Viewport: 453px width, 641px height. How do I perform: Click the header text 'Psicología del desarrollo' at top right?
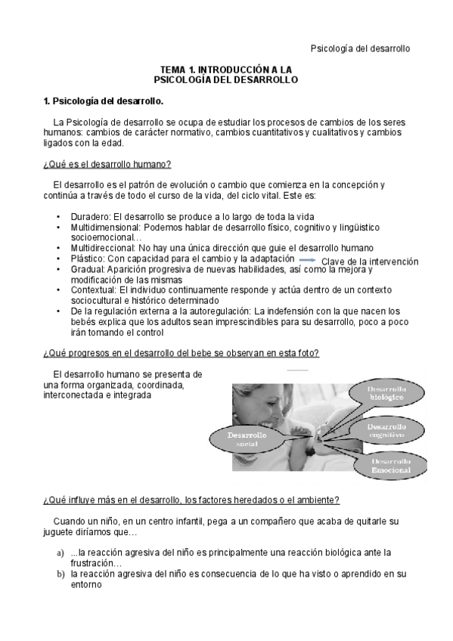pyautogui.click(x=360, y=48)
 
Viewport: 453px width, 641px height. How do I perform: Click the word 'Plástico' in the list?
pyautogui.click(x=88, y=259)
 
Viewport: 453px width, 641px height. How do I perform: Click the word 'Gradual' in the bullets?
pyautogui.click(x=88, y=268)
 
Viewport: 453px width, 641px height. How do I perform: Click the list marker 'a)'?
pyautogui.click(x=60, y=553)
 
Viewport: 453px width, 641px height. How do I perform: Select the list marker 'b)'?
pyautogui.click(x=60, y=574)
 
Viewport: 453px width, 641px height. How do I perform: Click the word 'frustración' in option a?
pyautogui.click(x=95, y=564)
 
